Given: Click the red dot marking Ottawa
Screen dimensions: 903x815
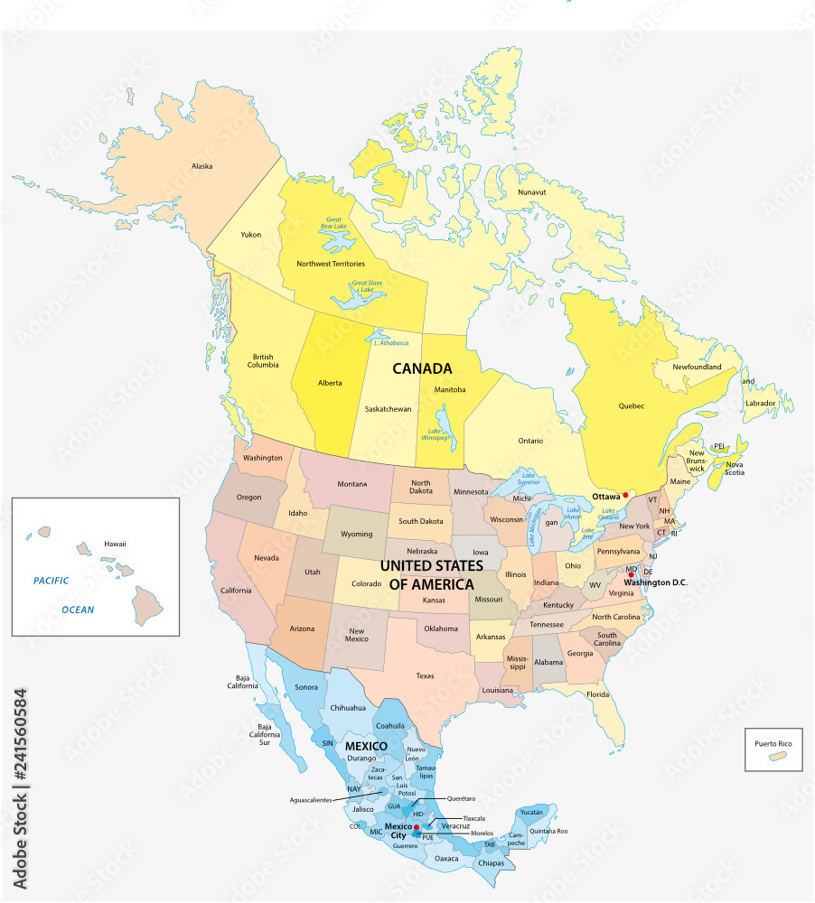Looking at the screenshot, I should [626, 495].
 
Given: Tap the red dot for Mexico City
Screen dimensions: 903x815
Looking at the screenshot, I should [416, 826].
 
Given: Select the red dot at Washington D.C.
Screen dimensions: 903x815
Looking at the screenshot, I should [632, 575].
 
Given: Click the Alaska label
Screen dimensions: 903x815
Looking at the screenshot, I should [201, 166].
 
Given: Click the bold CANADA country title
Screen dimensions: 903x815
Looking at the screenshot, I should [421, 368].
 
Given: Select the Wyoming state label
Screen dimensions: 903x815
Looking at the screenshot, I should [356, 534].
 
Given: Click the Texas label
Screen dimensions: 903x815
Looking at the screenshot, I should [426, 675].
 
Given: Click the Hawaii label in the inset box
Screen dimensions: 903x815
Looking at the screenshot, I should [115, 544].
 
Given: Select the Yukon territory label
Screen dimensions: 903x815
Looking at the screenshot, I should [251, 235].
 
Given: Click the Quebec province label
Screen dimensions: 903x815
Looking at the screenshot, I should [632, 405].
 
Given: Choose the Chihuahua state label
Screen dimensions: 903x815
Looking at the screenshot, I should [348, 707].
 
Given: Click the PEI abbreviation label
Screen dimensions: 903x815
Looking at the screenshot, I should [720, 445].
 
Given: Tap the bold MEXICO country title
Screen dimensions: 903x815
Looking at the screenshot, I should [365, 745].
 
